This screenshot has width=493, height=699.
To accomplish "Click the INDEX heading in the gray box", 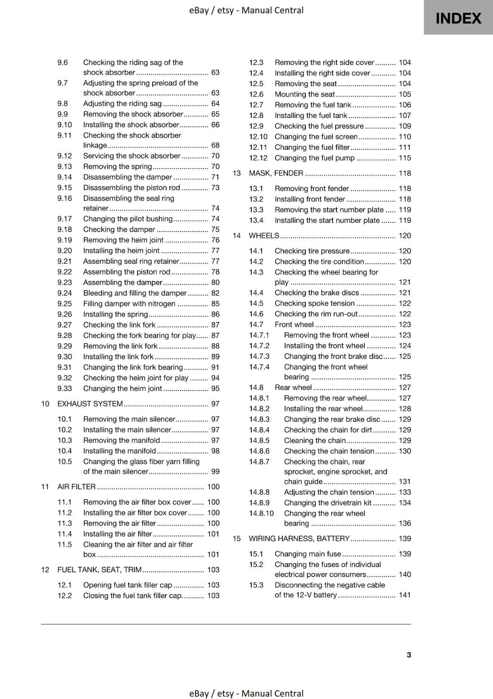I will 458,18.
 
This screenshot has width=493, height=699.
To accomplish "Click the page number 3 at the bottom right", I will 409,654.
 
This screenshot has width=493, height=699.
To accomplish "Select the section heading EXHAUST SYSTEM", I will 90,404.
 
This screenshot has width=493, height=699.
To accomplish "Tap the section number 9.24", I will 65,293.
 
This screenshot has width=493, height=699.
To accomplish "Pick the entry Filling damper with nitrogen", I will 129,304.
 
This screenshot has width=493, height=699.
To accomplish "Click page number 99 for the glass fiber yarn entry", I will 215,471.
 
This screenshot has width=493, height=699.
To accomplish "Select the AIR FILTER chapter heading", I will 76,487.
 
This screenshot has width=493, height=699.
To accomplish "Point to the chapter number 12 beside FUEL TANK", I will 45,570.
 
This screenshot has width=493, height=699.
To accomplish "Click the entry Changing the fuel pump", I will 314,158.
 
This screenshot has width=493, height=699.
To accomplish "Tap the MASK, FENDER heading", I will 276,173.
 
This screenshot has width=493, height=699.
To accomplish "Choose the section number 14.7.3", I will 259,356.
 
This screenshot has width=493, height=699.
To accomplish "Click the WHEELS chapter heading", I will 264,236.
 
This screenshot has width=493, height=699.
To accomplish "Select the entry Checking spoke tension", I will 314,304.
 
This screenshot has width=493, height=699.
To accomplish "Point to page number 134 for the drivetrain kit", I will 404,503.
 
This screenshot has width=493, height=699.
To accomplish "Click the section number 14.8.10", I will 261,513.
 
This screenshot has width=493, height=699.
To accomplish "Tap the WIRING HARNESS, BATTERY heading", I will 299,539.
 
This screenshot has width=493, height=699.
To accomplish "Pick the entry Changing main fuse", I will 308,554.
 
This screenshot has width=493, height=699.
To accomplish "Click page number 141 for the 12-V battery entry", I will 404,595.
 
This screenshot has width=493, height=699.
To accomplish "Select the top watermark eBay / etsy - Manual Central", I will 246,10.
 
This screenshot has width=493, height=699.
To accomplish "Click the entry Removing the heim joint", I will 123,240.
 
